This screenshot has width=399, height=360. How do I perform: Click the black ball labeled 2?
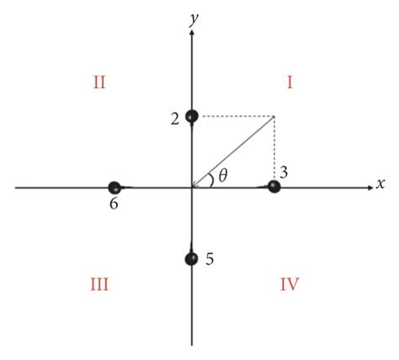click(192, 116)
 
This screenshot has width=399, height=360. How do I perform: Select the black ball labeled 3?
click(274, 187)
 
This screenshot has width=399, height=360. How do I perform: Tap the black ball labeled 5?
click(192, 258)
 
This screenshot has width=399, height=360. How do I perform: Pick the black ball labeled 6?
click(115, 188)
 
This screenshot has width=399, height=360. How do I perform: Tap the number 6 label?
click(112, 204)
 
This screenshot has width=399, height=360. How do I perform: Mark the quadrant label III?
click(98, 284)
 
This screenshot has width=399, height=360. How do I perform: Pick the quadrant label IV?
click(290, 284)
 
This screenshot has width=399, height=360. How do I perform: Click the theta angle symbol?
click(222, 176)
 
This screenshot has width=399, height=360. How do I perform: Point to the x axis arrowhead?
click(369, 188)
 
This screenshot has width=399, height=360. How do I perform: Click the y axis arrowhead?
click(193, 33)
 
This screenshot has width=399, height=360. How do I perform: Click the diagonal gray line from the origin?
click(234, 151)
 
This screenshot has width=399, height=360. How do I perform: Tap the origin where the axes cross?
click(193, 188)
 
